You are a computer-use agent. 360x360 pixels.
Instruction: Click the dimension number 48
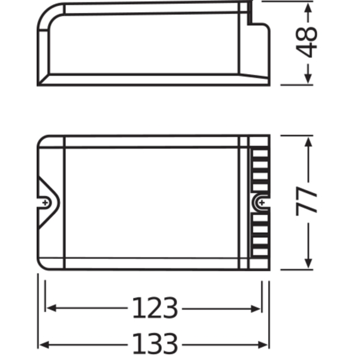(x=306, y=42)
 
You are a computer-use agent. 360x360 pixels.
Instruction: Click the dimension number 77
(x=306, y=202)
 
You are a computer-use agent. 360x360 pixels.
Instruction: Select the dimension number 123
(x=155, y=308)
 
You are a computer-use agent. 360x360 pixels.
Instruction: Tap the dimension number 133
(x=155, y=344)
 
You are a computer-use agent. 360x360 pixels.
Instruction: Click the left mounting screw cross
(x=45, y=203)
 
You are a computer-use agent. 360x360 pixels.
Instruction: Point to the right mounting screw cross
(x=262, y=203)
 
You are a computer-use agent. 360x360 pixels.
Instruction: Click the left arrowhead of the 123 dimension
(x=51, y=308)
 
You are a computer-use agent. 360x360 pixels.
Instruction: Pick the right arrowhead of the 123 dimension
(x=256, y=309)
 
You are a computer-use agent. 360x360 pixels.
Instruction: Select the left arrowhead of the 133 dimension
(x=44, y=344)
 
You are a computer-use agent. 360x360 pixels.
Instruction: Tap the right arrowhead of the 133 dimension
(x=263, y=344)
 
